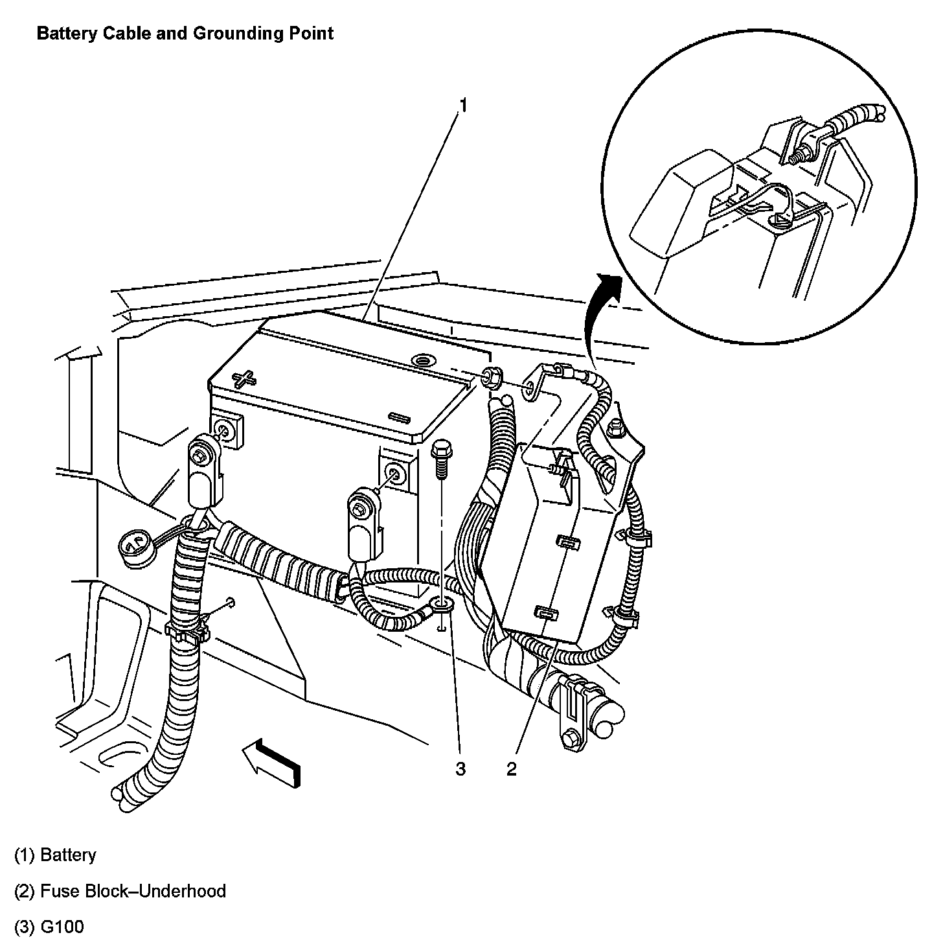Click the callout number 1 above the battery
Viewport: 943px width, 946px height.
[462, 105]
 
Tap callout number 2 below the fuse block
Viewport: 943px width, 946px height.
[512, 768]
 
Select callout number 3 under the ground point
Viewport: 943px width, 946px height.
[460, 768]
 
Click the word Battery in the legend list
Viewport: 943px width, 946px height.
[67, 855]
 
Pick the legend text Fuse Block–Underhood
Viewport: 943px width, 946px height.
[133, 891]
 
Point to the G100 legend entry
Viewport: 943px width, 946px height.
[62, 927]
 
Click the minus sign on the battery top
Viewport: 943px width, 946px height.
[396, 417]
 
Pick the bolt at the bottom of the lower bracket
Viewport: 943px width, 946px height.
[572, 738]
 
